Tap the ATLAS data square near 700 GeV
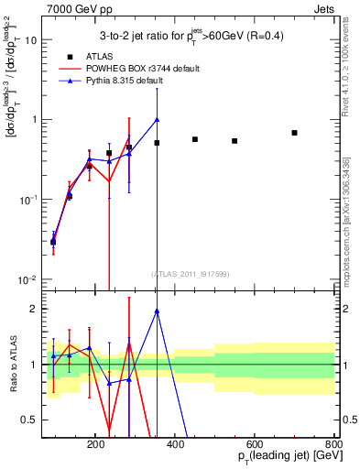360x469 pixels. coord(294,133)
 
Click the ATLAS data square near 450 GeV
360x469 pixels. coord(195,139)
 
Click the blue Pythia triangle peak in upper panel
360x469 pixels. coord(158,119)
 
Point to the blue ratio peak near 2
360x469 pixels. coord(158,311)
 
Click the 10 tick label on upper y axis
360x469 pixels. coord(31,40)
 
